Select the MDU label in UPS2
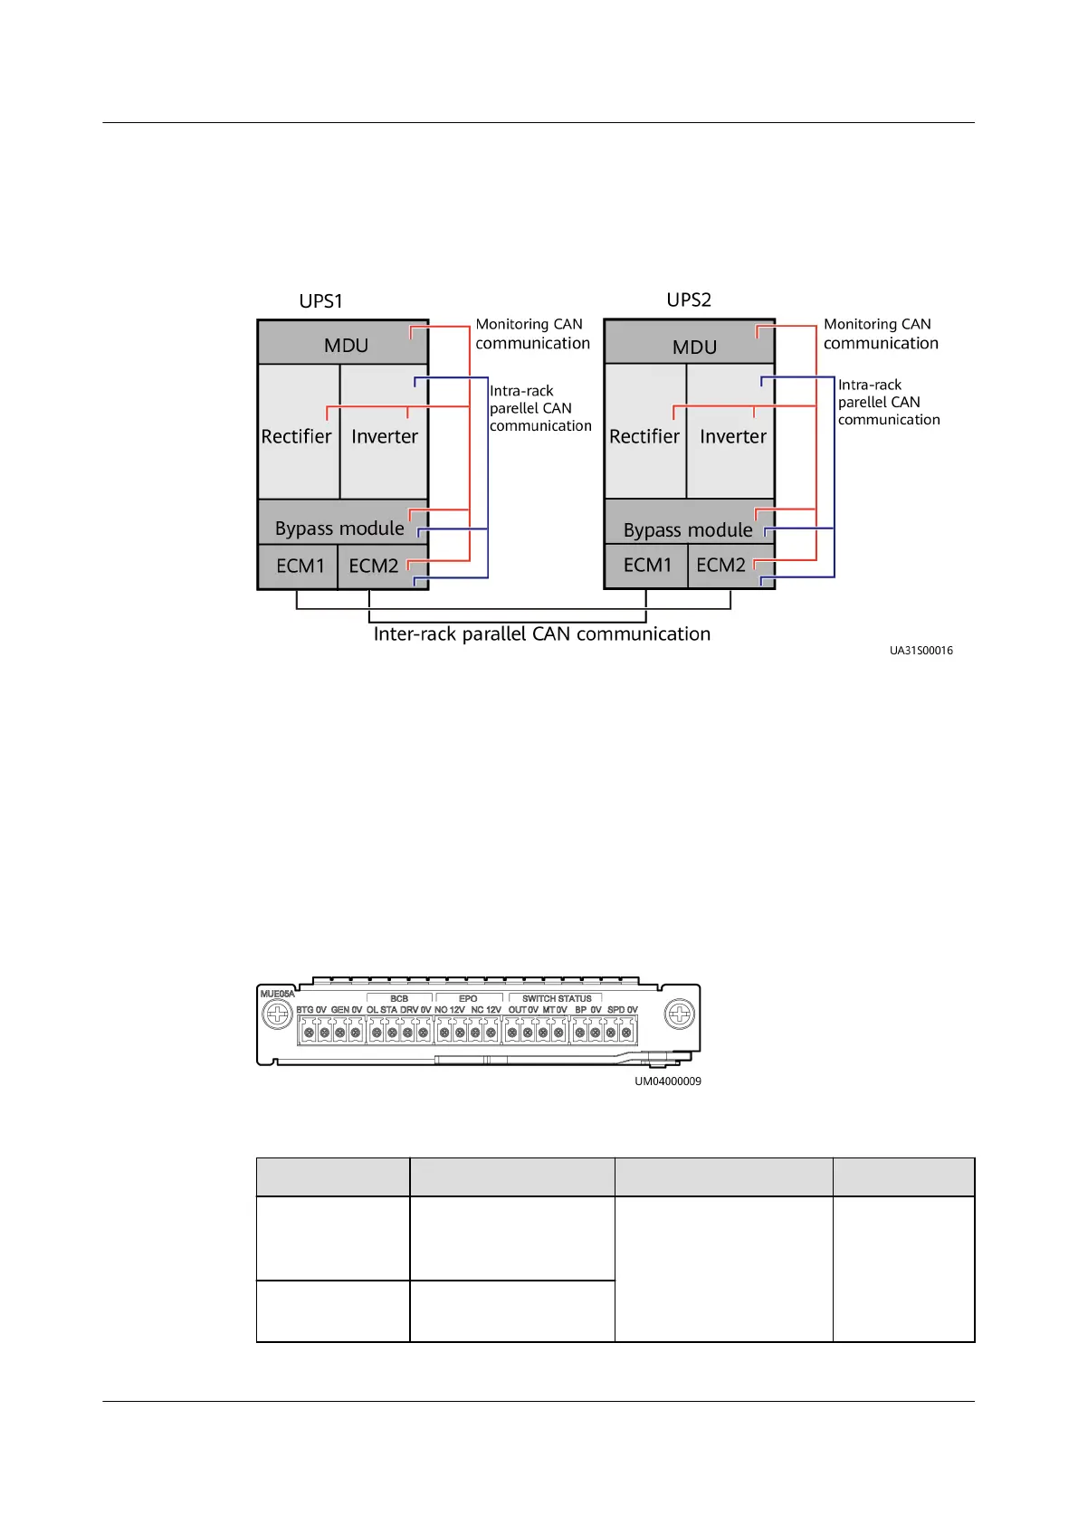694,348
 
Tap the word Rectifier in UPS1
296,436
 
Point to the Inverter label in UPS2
733,436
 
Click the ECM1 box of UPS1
300,567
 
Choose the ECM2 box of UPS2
721,566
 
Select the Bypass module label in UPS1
339,529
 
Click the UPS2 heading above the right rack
689,300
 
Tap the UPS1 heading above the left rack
321,301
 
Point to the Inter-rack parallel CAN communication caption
541,634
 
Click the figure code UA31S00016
921,651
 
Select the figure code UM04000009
667,1081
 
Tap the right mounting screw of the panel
679,1014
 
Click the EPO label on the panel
468,999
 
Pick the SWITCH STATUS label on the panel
557,999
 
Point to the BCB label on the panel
399,999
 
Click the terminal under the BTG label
309,1033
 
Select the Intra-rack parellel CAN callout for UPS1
540,408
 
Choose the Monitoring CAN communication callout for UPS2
880,334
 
